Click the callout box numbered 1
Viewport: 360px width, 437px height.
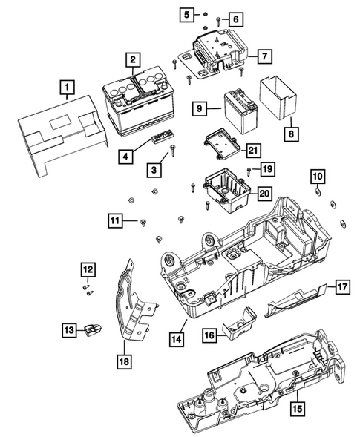tap(68, 91)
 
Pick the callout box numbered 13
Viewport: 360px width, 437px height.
tap(68, 329)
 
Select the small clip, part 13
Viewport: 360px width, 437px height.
tap(94, 326)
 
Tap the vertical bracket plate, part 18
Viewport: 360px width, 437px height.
tap(134, 304)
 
